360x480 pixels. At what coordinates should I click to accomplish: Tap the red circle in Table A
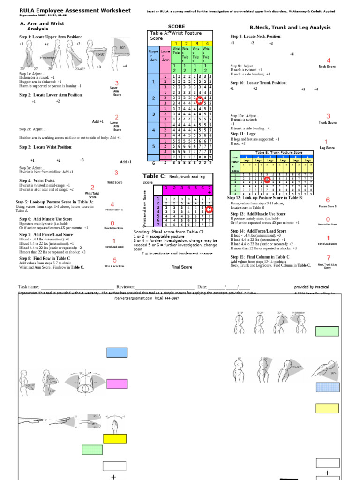[x=200, y=100]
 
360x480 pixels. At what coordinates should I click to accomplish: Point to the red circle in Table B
[x=267, y=179]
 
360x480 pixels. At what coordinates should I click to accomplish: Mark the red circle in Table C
[x=209, y=210]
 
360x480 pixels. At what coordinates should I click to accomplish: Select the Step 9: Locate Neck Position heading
[x=256, y=36]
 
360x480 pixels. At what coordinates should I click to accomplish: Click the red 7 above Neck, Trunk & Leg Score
[x=328, y=257]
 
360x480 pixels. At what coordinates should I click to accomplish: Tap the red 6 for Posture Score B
[x=328, y=200]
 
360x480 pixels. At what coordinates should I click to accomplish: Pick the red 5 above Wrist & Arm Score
[x=114, y=260]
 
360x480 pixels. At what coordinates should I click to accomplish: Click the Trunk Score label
[x=328, y=123]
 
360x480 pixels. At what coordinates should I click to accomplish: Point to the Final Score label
[x=181, y=267]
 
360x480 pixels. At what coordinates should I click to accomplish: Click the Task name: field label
[x=29, y=287]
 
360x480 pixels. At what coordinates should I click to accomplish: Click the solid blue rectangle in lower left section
[x=116, y=353]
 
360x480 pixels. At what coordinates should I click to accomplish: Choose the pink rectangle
[x=116, y=384]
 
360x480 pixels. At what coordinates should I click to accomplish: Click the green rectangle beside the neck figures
[x=327, y=331]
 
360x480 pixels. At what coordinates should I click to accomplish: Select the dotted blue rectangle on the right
[x=327, y=388]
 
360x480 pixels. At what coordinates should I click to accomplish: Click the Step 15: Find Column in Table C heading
[x=260, y=257]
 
